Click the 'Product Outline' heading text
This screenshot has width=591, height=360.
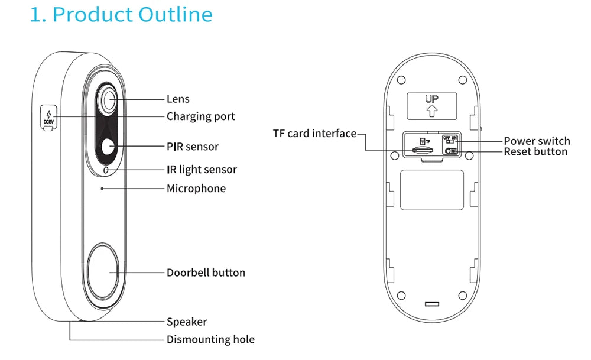121,14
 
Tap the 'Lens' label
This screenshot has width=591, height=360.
178,99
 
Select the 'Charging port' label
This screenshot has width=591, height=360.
200,116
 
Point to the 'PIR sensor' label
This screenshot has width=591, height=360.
192,147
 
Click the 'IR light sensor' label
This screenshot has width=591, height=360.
202,170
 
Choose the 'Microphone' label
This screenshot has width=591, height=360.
196,189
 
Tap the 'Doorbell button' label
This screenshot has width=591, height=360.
206,273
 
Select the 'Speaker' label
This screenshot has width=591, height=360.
187,322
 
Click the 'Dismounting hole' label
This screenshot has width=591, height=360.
210,339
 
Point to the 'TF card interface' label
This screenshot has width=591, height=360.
314,133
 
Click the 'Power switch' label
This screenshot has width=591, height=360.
537,141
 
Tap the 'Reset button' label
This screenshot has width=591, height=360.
535,152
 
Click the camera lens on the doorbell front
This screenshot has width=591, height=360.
109,100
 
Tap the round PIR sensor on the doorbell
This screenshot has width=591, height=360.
108,147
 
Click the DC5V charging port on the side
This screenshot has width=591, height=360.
48,116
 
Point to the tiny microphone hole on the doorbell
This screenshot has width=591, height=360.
102,189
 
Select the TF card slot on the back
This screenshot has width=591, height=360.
421,151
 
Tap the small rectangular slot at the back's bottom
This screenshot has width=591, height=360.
433,304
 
